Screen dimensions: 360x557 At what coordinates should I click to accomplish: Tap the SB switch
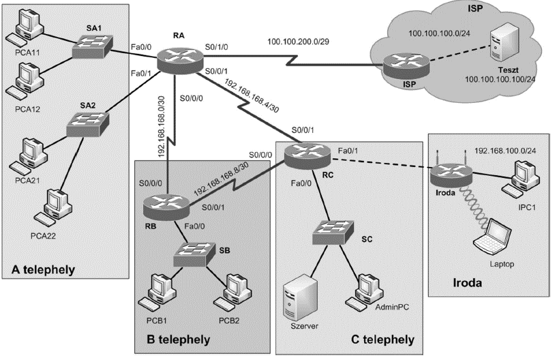[x=193, y=254]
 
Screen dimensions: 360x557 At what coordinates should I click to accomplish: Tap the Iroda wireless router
[x=448, y=176]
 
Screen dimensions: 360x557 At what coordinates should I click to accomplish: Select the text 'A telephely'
[x=44, y=269]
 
